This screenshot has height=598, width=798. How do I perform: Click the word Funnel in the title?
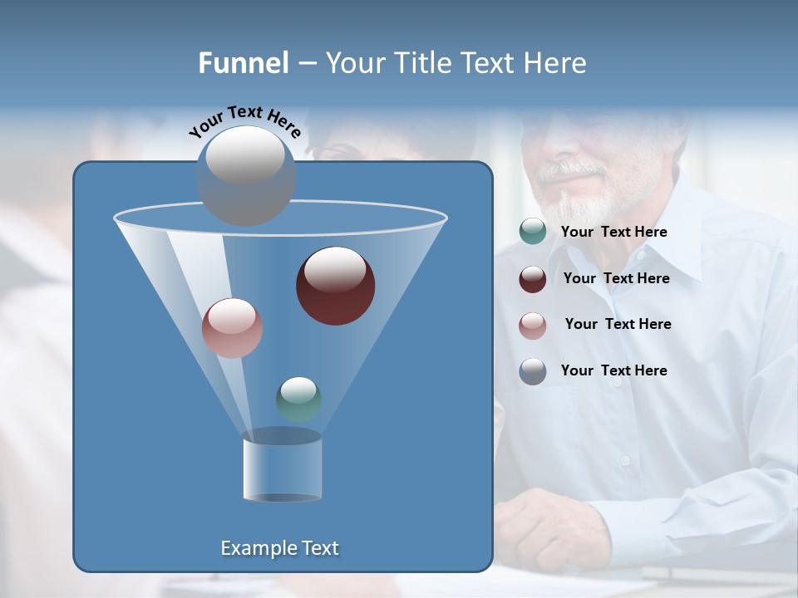tap(243, 63)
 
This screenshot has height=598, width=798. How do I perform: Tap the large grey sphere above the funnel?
tap(245, 175)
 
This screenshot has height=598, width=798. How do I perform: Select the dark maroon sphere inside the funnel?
tap(335, 285)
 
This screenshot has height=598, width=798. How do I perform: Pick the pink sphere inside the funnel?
tap(232, 327)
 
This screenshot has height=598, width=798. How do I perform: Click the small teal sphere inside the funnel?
tap(298, 399)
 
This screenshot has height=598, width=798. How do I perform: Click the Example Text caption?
tap(279, 548)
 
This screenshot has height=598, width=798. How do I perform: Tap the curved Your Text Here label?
tap(245, 122)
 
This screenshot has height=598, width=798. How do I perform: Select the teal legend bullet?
tap(533, 232)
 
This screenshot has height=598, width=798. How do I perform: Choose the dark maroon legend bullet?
tap(533, 278)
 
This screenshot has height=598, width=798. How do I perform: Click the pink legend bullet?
tap(533, 325)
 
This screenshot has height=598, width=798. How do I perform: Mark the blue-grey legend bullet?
tap(533, 371)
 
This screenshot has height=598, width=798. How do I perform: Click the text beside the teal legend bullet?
tap(613, 233)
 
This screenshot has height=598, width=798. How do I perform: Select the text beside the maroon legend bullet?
tap(616, 279)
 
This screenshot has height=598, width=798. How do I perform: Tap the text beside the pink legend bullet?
tap(618, 325)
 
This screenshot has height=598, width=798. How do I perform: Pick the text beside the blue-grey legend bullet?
tap(613, 371)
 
